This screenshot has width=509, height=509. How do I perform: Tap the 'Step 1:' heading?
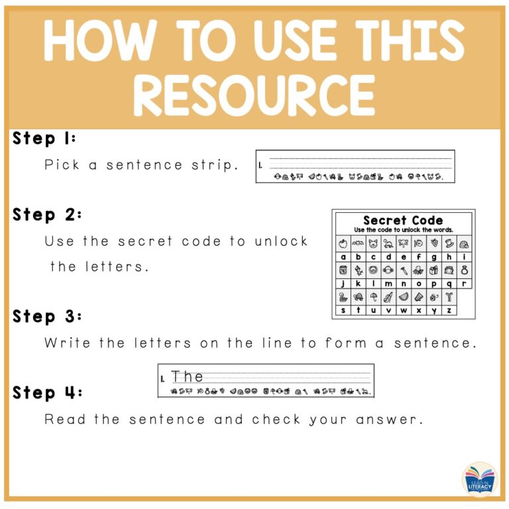pos(44,139)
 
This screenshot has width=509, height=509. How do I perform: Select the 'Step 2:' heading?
pos(46,215)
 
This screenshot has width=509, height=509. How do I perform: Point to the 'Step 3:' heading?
pos(47,317)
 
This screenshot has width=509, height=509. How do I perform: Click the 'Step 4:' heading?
pos(47,393)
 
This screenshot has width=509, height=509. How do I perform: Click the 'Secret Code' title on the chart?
pos(403,220)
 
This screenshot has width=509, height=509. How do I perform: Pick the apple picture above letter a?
pos(343,243)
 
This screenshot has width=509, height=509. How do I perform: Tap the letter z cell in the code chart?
pos(450,310)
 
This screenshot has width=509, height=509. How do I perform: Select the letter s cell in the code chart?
pos(343,310)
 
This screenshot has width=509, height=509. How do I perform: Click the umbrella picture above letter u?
pos(374,297)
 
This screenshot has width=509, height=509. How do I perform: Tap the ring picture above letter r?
pos(465,270)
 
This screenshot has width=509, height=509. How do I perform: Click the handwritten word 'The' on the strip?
pos(188,376)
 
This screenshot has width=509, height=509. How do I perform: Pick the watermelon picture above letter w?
pos(404,297)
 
